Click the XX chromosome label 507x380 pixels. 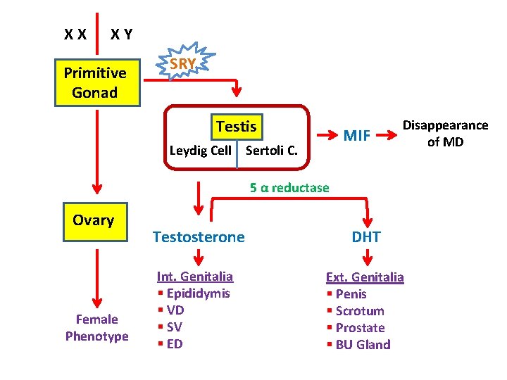tap(75, 34)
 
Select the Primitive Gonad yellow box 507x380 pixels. tap(95, 82)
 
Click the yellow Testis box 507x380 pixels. tap(236, 127)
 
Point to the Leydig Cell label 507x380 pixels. tap(200, 150)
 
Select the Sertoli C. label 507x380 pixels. tap(271, 150)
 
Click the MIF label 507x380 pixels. tap(356, 135)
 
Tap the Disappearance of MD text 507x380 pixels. tap(444, 133)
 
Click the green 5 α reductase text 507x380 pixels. tap(289, 187)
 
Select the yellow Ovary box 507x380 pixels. tap(93, 220)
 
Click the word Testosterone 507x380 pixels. tap(199, 237)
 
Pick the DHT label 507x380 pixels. tap(366, 237)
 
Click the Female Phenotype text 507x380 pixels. tap(96, 328)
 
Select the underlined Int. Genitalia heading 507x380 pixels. tap(194, 277)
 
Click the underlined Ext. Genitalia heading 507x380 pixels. tap(364, 277)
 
